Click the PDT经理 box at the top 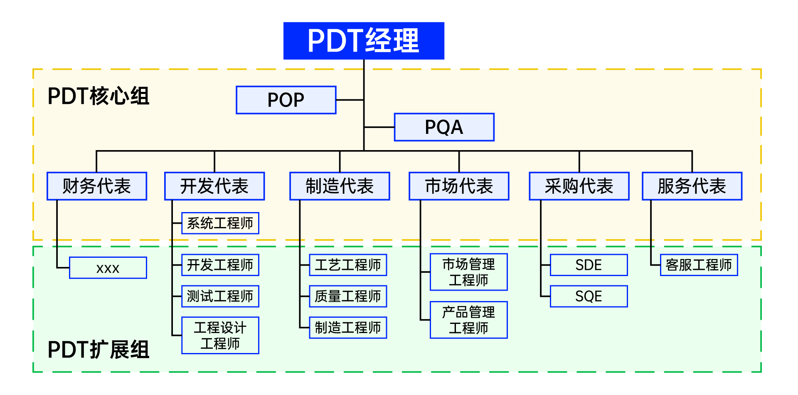[364, 41]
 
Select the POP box [286, 100]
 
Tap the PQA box [444, 127]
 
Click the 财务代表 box [97, 186]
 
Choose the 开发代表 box [214, 186]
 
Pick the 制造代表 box [340, 186]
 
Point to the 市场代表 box [459, 186]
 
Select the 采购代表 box [579, 186]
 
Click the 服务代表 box [692, 186]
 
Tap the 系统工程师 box [220, 223]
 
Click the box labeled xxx [108, 268]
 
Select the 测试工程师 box [220, 296]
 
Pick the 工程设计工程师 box [220, 336]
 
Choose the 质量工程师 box [348, 296]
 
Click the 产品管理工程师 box [468, 320]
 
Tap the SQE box [589, 296]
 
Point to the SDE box [589, 265]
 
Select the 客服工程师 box [699, 265]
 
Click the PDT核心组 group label [99, 96]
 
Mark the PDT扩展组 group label [99, 350]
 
